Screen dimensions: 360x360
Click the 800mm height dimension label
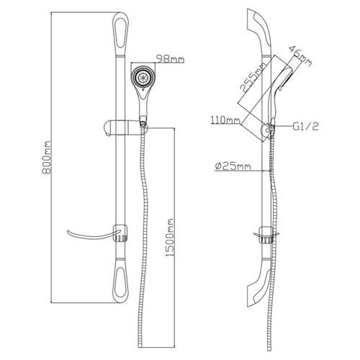[46, 157]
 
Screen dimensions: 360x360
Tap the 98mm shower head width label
[170, 59]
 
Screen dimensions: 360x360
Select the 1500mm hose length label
[170, 238]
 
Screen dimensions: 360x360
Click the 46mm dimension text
[300, 55]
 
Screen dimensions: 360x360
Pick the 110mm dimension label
[225, 120]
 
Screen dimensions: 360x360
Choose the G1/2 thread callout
[305, 126]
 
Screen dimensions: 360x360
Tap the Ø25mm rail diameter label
[233, 166]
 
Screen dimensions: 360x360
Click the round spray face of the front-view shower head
[143, 77]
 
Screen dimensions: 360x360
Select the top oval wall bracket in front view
[120, 34]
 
